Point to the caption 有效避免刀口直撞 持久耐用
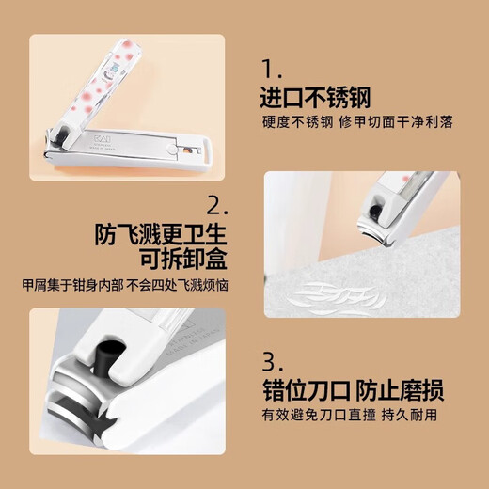362,415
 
